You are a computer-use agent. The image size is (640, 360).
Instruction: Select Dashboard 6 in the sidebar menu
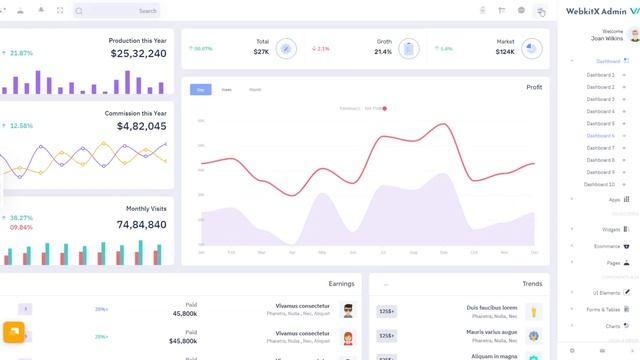click(600, 136)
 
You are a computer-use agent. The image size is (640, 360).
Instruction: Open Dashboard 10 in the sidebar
click(600, 184)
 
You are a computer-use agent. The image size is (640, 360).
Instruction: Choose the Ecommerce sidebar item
click(607, 246)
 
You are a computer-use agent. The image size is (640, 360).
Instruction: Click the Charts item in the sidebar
click(613, 326)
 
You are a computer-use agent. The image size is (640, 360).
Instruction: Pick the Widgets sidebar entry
click(611, 229)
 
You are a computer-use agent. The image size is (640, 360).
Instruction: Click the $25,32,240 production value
click(138, 54)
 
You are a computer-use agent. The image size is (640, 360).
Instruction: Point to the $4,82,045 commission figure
click(141, 127)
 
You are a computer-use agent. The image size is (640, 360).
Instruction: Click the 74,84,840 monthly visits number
click(141, 225)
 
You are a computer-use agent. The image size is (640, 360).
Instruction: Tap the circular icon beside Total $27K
click(286, 48)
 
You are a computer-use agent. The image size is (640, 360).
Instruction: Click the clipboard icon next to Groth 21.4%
click(408, 48)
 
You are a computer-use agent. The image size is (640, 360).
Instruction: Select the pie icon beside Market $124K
click(531, 48)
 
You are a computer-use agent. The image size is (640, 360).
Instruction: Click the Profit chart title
click(534, 87)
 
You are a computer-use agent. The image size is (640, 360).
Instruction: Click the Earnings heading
click(341, 284)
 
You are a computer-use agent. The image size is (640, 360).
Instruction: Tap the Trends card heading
click(532, 284)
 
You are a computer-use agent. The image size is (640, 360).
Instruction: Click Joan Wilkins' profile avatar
click(634, 35)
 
